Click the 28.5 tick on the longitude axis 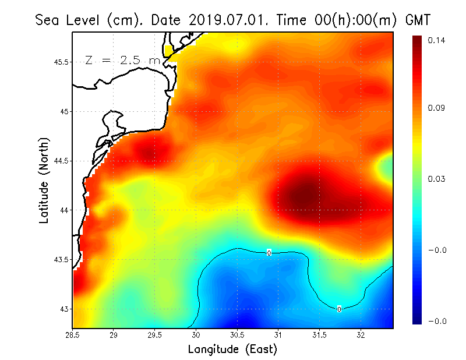click(73, 335)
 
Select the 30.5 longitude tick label click(237, 335)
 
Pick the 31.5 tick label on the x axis click(319, 335)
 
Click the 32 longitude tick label click(361, 335)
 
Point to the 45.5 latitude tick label click(61, 62)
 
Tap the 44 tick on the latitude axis click(65, 210)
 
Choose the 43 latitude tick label click(65, 309)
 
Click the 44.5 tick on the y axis click(61, 161)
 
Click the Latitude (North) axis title click(44, 181)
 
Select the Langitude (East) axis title click(232, 350)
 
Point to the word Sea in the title click(49, 20)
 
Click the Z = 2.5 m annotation click(122, 60)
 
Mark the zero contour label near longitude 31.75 click(339, 309)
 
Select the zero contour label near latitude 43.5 click(269, 253)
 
